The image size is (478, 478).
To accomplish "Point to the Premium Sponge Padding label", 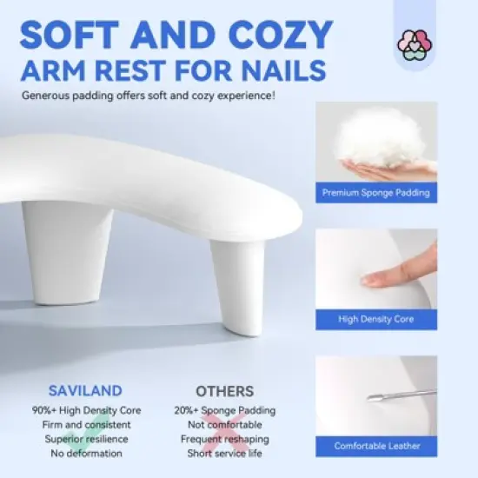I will pyautogui.click(x=376, y=192).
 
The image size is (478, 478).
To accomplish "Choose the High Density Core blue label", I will pyautogui.click(x=376, y=319).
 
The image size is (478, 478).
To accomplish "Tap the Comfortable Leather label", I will pyautogui.click(x=376, y=446).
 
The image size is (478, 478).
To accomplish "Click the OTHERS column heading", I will pyautogui.click(x=224, y=391).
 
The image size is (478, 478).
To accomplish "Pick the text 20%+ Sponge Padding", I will pyautogui.click(x=224, y=410).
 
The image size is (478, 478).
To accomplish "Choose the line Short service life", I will pyautogui.click(x=224, y=452).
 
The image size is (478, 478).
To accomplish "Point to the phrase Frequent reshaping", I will pyautogui.click(x=224, y=438).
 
